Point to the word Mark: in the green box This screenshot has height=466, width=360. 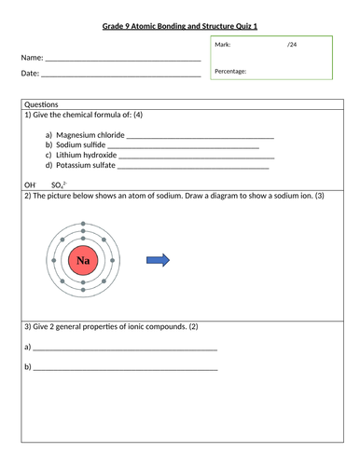[x=223, y=45]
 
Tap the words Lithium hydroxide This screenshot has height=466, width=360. [x=87, y=157]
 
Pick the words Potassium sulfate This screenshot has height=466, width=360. [x=86, y=167]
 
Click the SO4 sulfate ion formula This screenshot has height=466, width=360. [x=59, y=185]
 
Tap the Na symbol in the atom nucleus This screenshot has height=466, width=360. [x=84, y=261]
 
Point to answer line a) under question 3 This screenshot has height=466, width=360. [x=125, y=348]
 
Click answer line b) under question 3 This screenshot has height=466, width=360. [x=125, y=368]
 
